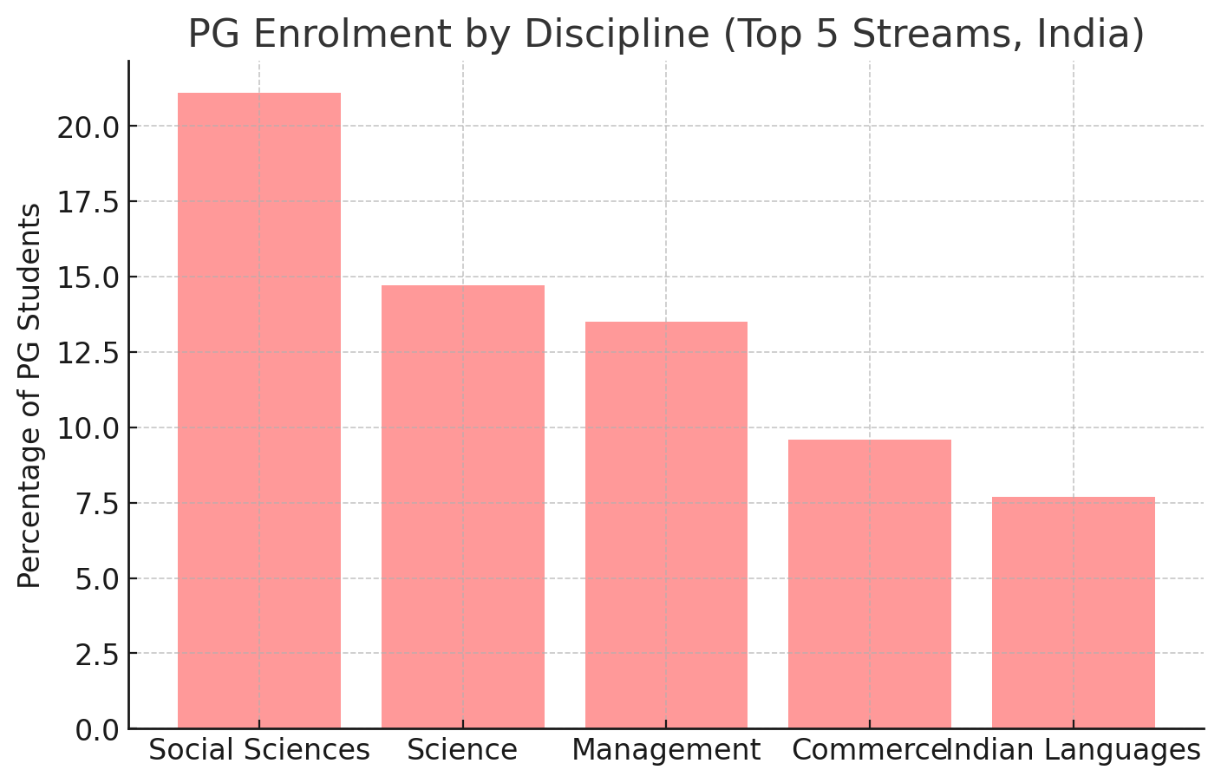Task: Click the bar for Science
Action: (462, 506)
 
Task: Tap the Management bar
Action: (666, 525)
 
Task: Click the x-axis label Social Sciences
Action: (258, 750)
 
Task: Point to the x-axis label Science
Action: (462, 750)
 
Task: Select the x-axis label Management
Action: (666, 750)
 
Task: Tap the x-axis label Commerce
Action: (867, 750)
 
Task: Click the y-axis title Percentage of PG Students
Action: (29, 395)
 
